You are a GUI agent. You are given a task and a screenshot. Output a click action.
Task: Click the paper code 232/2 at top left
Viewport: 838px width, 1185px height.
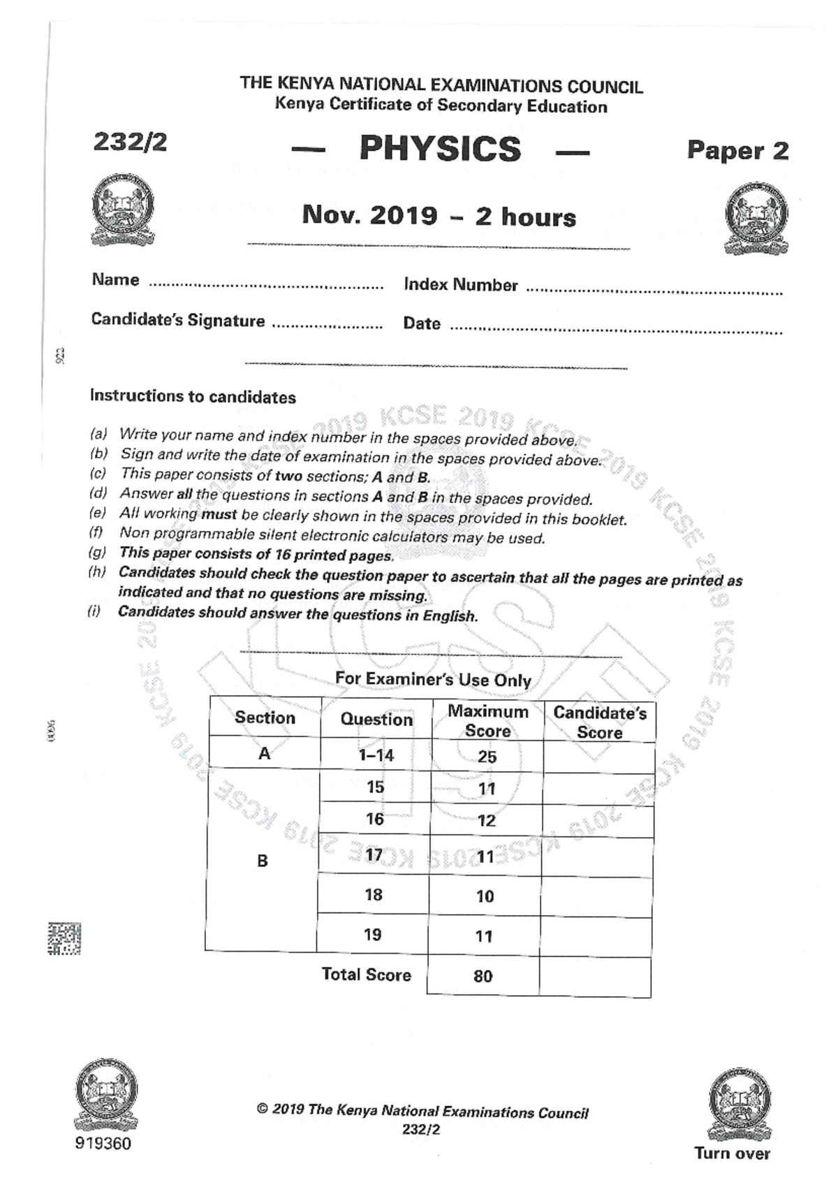[130, 142]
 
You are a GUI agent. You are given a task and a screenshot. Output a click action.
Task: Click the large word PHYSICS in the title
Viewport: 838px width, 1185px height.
[440, 149]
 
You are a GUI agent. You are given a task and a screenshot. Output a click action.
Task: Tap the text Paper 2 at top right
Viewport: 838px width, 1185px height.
[737, 150]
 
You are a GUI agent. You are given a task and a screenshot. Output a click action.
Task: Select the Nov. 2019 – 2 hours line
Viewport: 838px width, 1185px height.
[439, 216]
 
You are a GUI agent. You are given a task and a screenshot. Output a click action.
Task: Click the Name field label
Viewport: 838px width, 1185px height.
[115, 280]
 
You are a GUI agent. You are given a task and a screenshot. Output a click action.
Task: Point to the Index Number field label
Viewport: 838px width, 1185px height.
[460, 285]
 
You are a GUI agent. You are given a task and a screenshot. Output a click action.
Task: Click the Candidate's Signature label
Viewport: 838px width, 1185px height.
[177, 321]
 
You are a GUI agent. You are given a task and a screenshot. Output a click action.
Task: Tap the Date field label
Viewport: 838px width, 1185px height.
[421, 323]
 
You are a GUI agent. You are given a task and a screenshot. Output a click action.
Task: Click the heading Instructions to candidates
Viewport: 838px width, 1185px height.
[193, 397]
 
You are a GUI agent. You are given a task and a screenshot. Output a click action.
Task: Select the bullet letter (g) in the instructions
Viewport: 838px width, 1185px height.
[97, 553]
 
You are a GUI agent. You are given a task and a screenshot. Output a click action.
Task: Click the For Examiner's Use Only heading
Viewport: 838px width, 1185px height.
[433, 679]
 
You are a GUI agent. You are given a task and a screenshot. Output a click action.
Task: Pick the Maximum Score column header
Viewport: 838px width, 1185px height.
[487, 721]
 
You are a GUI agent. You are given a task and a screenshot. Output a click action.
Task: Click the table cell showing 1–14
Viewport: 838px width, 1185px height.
[376, 755]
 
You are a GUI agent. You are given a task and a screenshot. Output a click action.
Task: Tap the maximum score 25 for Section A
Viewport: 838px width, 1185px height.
[487, 757]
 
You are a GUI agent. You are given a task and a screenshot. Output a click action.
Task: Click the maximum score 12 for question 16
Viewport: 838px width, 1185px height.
[486, 821]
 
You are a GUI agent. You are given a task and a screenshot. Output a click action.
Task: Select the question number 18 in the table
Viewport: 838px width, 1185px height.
[374, 895]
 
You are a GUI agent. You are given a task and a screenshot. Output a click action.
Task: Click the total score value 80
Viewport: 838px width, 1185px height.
[483, 976]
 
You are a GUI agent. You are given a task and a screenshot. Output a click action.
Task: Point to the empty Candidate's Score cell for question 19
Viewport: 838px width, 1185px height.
[596, 937]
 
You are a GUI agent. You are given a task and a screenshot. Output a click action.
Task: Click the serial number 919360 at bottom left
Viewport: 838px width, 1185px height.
[103, 1144]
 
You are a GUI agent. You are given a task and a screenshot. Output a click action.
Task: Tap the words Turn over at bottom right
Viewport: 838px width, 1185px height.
[732, 1154]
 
